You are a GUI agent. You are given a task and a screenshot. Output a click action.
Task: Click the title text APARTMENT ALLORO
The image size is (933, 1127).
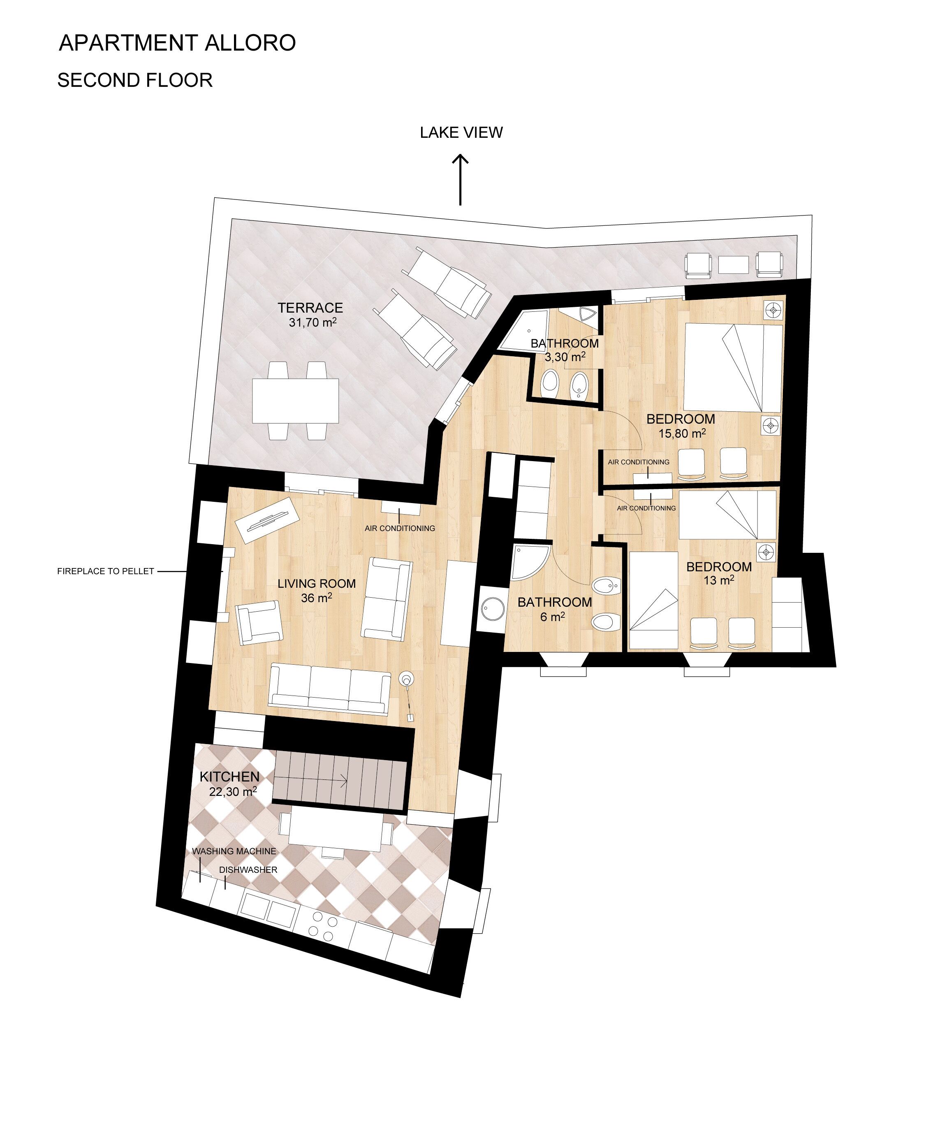(177, 43)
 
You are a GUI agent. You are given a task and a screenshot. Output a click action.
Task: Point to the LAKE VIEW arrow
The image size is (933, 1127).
(460, 180)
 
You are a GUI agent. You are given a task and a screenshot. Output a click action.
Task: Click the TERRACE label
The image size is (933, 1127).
(310, 308)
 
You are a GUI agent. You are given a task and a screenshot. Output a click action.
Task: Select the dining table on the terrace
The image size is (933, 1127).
(295, 401)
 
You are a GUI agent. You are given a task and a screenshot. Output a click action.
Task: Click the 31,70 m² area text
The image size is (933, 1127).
(312, 322)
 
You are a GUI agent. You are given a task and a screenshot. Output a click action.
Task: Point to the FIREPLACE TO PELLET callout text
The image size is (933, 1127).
(106, 572)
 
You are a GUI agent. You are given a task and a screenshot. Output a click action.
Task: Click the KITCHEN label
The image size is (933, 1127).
(229, 777)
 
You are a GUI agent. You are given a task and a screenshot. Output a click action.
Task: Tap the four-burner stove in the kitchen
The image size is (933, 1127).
(324, 927)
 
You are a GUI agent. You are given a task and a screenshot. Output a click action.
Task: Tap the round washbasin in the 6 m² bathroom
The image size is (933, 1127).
(491, 609)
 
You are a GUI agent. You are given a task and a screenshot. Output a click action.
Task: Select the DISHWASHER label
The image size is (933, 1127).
(248, 870)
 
